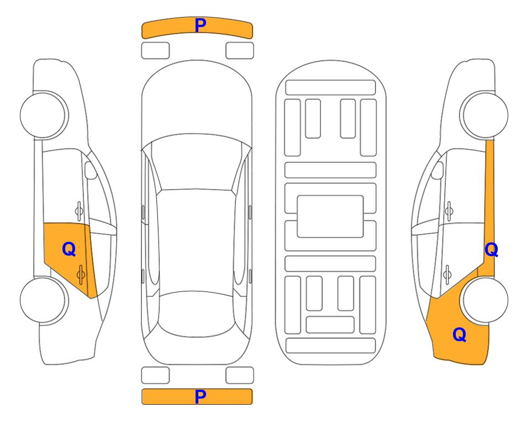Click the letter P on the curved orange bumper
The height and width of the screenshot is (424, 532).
pyautogui.click(x=201, y=25)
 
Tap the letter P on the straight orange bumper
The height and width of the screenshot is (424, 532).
pyautogui.click(x=201, y=396)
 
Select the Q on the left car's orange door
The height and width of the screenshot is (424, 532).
pyautogui.click(x=69, y=250)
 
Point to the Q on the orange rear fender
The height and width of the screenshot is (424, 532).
pyautogui.click(x=460, y=335)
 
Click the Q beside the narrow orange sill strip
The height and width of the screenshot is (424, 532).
pyautogui.click(x=491, y=250)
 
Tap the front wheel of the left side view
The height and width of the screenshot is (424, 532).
pyautogui.click(x=43, y=115)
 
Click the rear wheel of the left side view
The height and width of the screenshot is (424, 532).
pyautogui.click(x=43, y=300)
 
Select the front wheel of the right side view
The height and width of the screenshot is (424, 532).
pyautogui.click(x=485, y=115)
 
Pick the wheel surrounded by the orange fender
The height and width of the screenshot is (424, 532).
pyautogui.click(x=485, y=300)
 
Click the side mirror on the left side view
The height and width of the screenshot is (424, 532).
pyautogui.click(x=91, y=170)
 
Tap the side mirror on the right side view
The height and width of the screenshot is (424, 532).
pyautogui.click(x=438, y=170)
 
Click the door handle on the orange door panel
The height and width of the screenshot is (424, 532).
pyautogui.click(x=81, y=274)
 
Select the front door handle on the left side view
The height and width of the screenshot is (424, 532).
pyautogui.click(x=79, y=211)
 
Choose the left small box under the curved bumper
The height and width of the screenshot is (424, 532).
pyautogui.click(x=155, y=51)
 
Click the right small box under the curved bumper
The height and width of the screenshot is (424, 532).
pyautogui.click(x=240, y=51)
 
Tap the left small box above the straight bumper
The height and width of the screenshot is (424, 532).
pyautogui.click(x=155, y=375)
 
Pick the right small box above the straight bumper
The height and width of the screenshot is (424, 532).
pyautogui.click(x=240, y=375)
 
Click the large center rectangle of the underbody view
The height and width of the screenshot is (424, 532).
pyautogui.click(x=330, y=216)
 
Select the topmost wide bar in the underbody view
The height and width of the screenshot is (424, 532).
pyautogui.click(x=330, y=88)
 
